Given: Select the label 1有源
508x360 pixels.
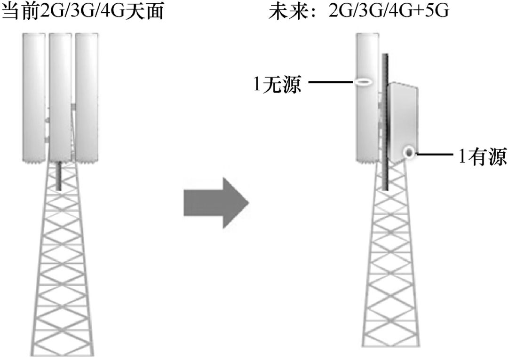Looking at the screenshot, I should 483,156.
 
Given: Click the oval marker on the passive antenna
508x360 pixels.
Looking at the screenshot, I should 364,83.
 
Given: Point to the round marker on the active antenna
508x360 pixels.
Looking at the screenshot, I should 409,152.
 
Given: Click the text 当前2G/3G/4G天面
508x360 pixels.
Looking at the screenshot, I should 83,10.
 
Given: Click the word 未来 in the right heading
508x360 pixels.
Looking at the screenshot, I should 283,10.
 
